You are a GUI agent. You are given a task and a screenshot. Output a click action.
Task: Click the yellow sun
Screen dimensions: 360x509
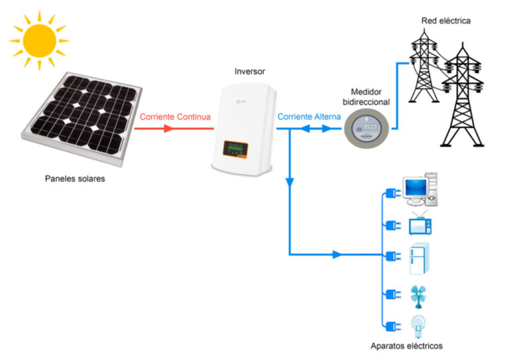click(38, 38)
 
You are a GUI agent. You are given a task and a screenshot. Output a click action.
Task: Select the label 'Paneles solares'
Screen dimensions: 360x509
click(75, 179)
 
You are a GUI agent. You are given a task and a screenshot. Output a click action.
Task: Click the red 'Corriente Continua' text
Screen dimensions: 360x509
click(175, 117)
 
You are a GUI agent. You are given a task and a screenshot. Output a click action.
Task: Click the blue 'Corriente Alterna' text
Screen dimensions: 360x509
click(309, 117)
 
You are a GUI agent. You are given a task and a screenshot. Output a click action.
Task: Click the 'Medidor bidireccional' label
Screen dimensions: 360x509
click(369, 97)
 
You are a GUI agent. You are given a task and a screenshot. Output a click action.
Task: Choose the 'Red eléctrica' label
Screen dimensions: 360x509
click(445, 21)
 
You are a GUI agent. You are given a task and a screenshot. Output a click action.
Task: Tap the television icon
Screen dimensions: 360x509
click(420, 225)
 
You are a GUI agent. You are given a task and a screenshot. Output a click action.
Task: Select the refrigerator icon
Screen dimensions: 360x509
click(418, 258)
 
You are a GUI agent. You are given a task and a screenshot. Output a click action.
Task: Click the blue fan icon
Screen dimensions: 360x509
click(418, 296)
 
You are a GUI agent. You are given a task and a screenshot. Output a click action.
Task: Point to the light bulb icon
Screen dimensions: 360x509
click(418, 326)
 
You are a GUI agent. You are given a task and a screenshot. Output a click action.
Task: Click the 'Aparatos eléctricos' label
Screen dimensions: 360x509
click(406, 346)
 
